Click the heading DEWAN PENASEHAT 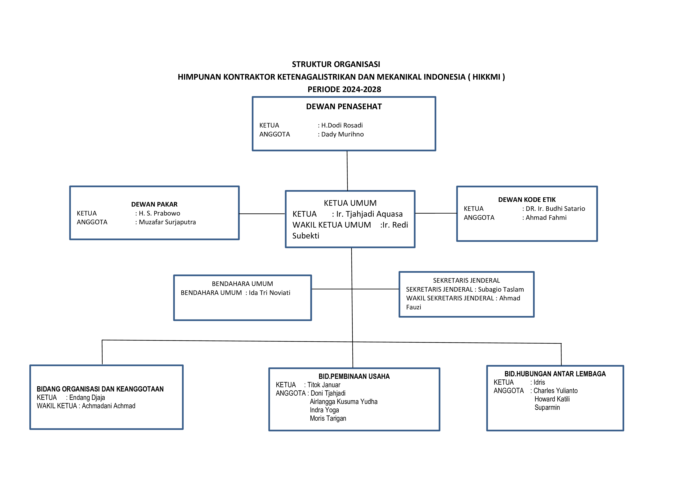coord(344,106)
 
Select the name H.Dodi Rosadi coord(342,125)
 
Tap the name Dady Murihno coord(342,134)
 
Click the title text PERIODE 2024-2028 coord(344,89)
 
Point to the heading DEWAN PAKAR coord(154,204)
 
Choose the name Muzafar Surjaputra coord(167,222)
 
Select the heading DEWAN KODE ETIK coord(527,200)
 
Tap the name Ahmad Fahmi coord(546,217)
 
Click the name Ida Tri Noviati coord(269,293)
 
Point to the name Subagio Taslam coord(501,289)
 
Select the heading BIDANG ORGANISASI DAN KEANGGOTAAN coord(100,389)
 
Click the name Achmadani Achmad coord(109,406)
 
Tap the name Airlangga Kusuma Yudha coord(344,401)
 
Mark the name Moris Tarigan coord(328,418)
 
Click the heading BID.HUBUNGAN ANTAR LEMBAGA coord(555,374)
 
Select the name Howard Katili coord(552,399)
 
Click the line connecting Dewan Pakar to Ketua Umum coord(262,214)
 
